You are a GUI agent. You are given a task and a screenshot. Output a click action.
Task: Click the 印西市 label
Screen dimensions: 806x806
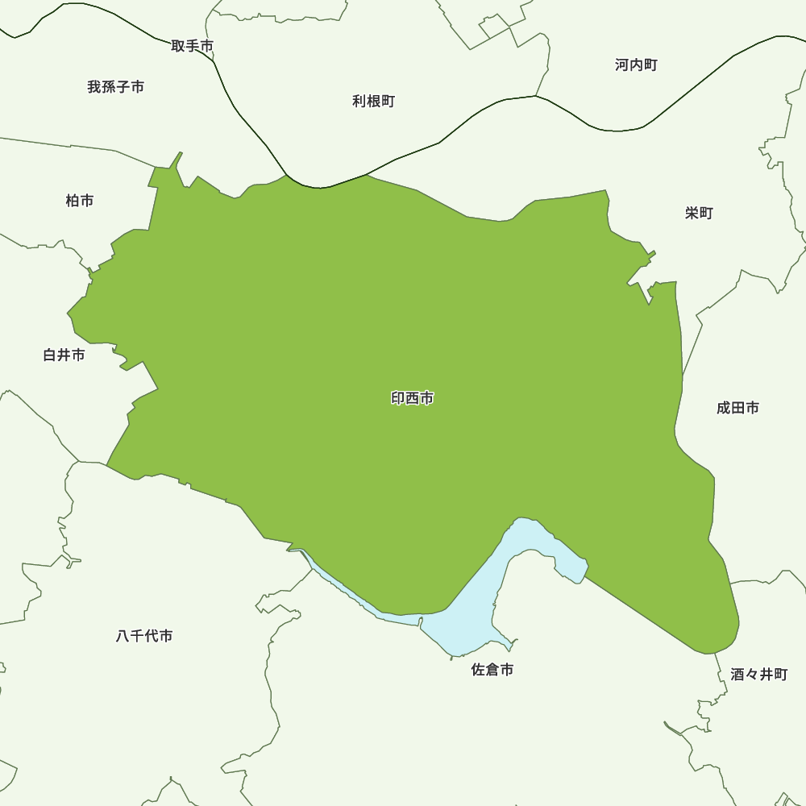tap(413, 398)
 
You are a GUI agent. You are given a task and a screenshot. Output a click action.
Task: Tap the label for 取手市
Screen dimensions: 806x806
tap(192, 46)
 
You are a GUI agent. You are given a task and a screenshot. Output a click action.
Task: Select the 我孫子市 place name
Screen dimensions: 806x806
tap(116, 87)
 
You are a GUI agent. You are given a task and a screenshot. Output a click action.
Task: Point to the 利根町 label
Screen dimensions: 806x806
tap(373, 102)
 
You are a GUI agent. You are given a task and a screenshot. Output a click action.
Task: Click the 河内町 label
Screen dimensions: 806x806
tap(636, 65)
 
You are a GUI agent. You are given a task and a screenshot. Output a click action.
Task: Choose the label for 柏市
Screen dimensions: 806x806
tap(80, 201)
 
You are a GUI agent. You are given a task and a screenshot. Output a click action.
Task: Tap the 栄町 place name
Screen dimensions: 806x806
tap(699, 214)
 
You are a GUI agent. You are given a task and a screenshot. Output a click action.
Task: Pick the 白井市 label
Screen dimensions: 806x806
tap(64, 355)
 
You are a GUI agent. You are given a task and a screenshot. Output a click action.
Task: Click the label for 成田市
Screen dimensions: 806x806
tap(737, 409)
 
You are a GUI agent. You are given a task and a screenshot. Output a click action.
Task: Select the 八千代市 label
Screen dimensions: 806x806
tap(144, 636)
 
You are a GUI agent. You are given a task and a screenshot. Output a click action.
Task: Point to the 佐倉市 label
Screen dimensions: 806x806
tap(492, 670)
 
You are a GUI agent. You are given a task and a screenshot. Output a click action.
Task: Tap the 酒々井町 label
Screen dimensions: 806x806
tap(759, 675)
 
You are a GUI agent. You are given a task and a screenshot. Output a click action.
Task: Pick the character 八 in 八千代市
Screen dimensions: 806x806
tap(123, 636)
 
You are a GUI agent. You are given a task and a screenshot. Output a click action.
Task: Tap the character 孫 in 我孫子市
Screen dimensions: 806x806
tap(109, 87)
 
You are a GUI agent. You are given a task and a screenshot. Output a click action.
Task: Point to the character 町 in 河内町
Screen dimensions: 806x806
tap(650, 65)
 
